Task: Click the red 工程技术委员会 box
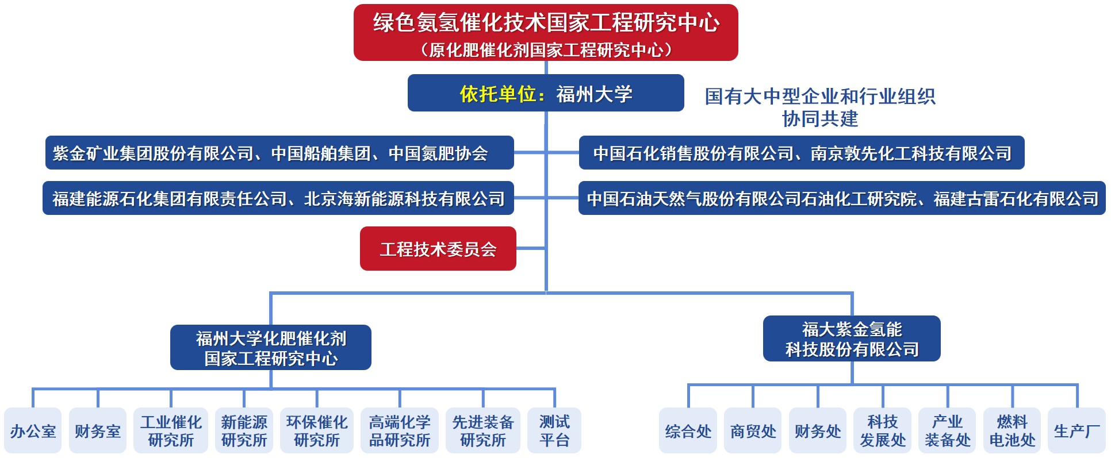438,249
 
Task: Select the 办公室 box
33,431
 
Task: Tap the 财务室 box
98,431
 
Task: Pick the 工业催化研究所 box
171,431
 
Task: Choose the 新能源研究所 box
244,431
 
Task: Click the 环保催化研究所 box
317,431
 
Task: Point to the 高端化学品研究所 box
400,431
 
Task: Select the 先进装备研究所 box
483,431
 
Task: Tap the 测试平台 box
554,431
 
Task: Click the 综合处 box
688,431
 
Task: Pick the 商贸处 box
753,431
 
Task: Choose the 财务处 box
818,431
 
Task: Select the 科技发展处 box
883,431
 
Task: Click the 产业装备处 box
948,431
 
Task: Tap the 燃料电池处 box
1012,431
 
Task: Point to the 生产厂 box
1076,431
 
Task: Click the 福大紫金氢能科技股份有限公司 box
852,339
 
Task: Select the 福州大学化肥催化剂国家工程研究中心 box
271,348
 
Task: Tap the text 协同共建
820,119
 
